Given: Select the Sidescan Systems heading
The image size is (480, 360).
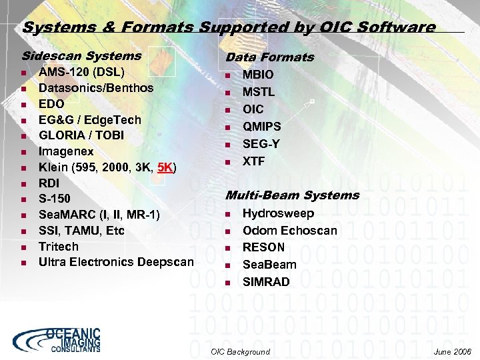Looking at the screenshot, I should tap(81, 56).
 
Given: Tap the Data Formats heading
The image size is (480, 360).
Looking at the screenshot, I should tap(270, 57).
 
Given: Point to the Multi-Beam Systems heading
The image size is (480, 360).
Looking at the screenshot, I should tap(292, 195).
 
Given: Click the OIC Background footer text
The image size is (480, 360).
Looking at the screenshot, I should tap(240, 351).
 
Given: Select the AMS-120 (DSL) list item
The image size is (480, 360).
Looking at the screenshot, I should tap(81, 72).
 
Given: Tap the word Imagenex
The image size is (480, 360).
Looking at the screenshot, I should tap(66, 151).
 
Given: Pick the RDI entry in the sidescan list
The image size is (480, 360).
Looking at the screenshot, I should tap(49, 183).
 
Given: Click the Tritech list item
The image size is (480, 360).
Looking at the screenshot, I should tap(58, 246).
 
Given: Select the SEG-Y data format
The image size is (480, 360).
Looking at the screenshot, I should tap(261, 144).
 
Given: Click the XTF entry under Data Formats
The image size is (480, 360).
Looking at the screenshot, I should tap(253, 161).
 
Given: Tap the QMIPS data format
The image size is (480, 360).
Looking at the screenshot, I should tap(262, 127).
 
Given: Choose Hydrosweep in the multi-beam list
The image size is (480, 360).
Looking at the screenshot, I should tap(278, 214).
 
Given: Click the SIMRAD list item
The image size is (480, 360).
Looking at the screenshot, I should tap(266, 282).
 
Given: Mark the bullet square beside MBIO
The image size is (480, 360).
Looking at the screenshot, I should tap(227, 75).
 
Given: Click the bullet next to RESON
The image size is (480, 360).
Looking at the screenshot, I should tap(227, 248).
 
